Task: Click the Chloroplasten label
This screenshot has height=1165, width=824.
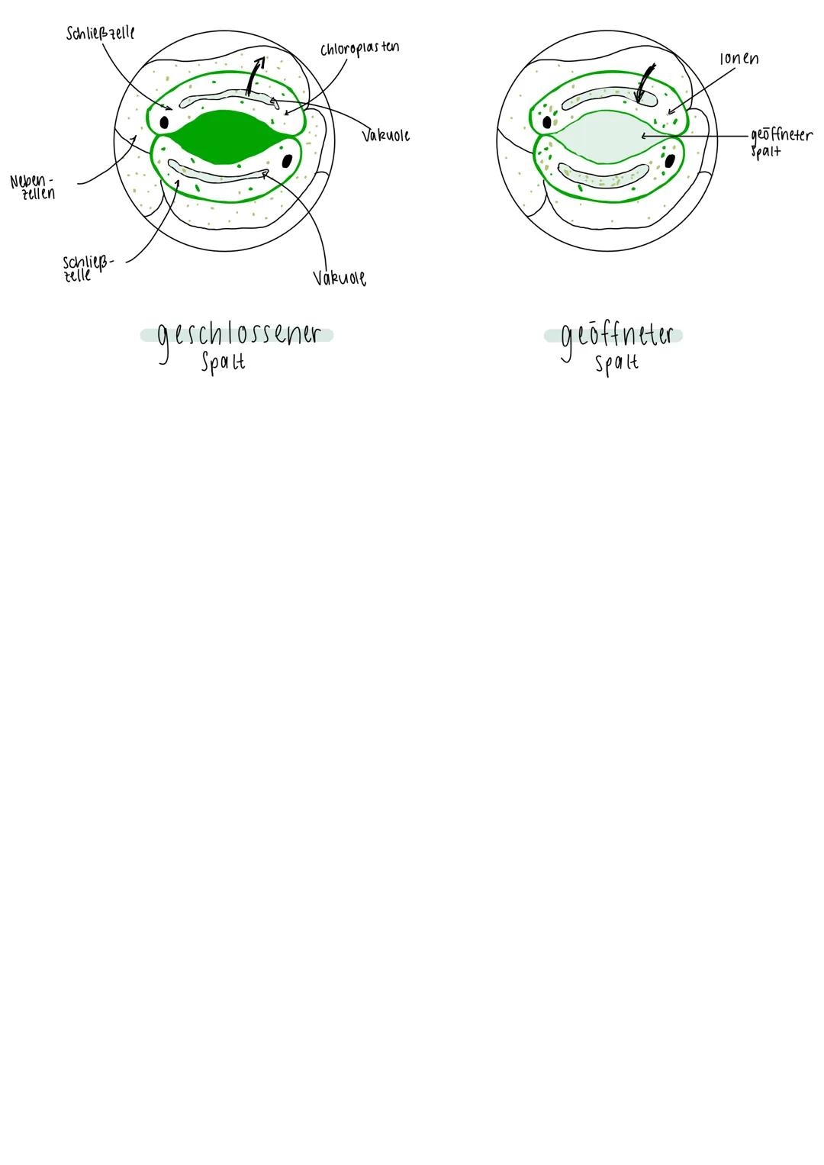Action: click(x=359, y=48)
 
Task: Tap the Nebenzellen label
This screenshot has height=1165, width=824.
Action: click(x=32, y=187)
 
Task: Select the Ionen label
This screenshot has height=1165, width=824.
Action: click(x=739, y=58)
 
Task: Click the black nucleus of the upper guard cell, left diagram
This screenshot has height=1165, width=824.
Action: click(x=164, y=122)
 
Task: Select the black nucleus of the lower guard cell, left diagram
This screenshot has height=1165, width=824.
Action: click(x=287, y=161)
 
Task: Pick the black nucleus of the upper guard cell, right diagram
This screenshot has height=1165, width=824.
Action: click(x=547, y=122)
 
